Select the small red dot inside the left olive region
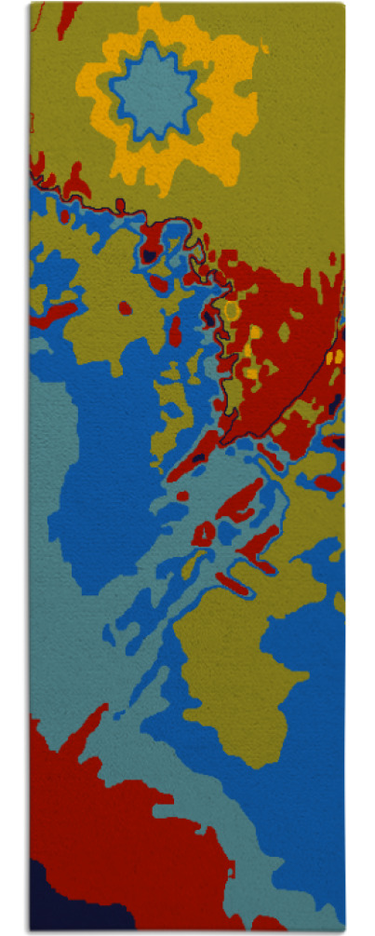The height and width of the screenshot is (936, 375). [125, 307]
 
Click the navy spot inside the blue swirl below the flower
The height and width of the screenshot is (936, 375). [148, 251]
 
